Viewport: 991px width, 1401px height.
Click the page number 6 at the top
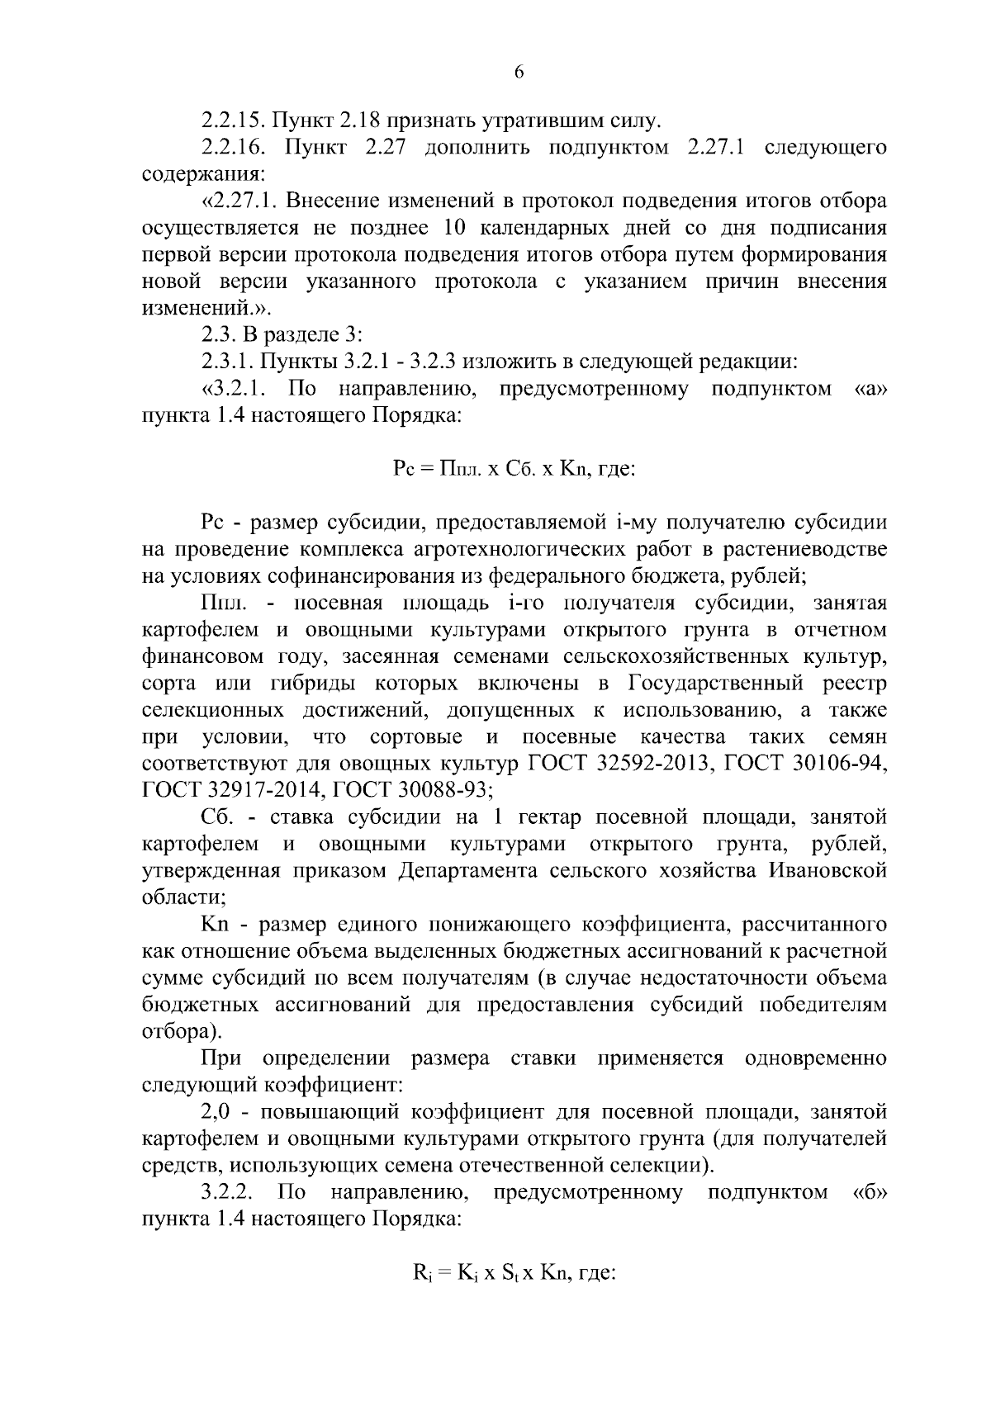click(x=519, y=72)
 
